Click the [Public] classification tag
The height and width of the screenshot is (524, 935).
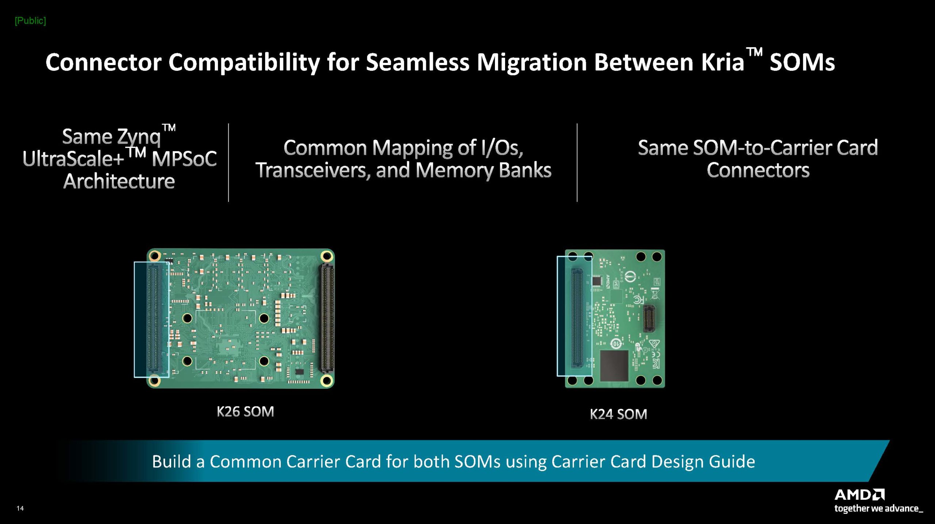(30, 21)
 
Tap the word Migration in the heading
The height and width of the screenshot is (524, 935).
(531, 62)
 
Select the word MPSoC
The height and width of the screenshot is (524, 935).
(184, 159)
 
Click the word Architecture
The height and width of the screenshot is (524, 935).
(119, 181)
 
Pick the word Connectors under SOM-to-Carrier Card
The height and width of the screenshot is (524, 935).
(758, 170)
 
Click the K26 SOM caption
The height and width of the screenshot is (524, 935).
(245, 411)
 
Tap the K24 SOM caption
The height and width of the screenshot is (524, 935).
(618, 414)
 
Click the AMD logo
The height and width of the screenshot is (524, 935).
(859, 495)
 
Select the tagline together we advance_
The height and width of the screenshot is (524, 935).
(878, 508)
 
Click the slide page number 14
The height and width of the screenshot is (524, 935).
(20, 508)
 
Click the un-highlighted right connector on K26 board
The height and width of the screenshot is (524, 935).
(327, 318)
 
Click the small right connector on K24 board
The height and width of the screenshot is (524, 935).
(649, 318)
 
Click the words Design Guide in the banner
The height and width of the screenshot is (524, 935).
(703, 462)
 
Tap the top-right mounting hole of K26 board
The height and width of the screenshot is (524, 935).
(326, 256)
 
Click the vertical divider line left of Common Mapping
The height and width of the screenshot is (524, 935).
(229, 163)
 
